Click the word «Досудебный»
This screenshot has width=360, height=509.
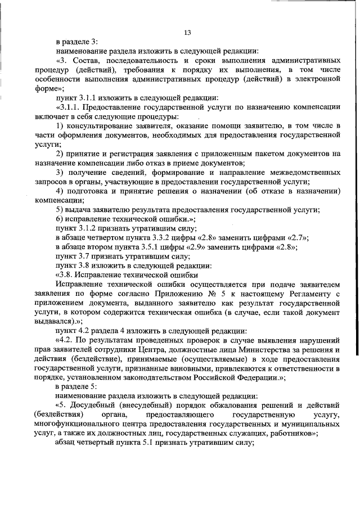click(94, 405)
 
